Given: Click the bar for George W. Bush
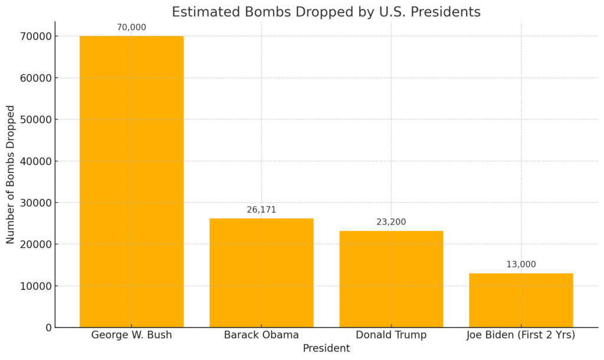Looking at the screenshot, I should (132, 182).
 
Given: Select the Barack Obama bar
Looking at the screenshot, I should (261, 273).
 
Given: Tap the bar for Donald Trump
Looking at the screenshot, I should (391, 279).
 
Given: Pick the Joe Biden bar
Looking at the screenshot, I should (521, 300).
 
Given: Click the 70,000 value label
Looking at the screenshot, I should (132, 27).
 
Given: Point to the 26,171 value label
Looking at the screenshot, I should (261, 210).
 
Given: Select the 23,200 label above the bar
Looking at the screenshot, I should (391, 222).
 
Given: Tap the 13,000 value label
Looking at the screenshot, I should (521, 264).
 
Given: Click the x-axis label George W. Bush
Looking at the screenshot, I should (132, 335).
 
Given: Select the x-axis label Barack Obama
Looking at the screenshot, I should (261, 335).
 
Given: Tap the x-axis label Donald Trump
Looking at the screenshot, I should (391, 335).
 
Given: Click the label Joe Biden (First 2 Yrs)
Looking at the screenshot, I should (521, 335).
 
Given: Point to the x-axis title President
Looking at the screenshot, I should (326, 349).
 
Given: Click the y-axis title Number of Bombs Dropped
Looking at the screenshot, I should (11, 175).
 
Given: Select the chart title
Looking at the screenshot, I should (326, 12).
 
